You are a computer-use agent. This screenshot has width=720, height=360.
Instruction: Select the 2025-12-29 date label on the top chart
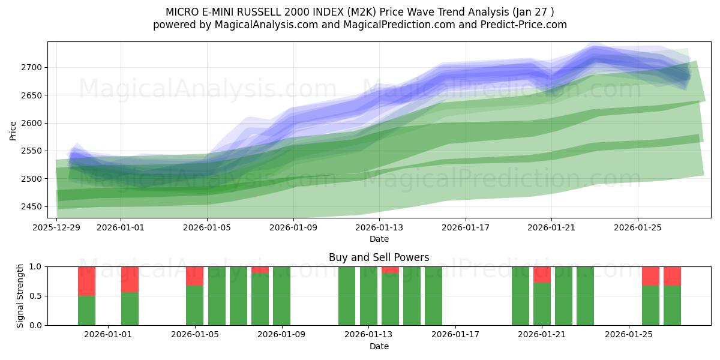coord(56,227)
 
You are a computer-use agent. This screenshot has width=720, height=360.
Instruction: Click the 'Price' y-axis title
coord(13,130)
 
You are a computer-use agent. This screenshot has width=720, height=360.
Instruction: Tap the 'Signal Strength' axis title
coord(20,296)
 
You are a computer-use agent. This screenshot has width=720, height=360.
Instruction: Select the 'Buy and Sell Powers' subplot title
coord(379,257)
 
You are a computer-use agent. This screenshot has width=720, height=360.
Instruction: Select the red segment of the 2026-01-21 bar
coord(542,274)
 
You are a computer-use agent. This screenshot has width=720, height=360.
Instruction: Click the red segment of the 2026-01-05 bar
coord(194,276)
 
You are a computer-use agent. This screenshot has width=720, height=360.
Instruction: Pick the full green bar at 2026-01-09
coord(281,296)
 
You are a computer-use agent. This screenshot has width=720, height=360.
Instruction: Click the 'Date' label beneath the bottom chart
coord(379,346)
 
